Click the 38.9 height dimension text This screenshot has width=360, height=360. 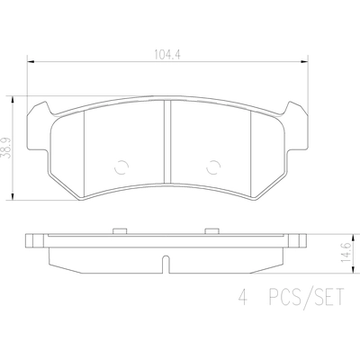[x=5, y=148]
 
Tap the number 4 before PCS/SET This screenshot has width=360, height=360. [x=243, y=297]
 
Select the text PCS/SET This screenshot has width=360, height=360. [x=306, y=297]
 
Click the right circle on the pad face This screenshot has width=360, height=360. [x=213, y=166]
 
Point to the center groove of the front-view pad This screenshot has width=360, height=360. [x=167, y=142]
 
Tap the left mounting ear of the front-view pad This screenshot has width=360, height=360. [x=39, y=126]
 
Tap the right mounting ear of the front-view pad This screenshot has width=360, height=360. [x=297, y=126]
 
